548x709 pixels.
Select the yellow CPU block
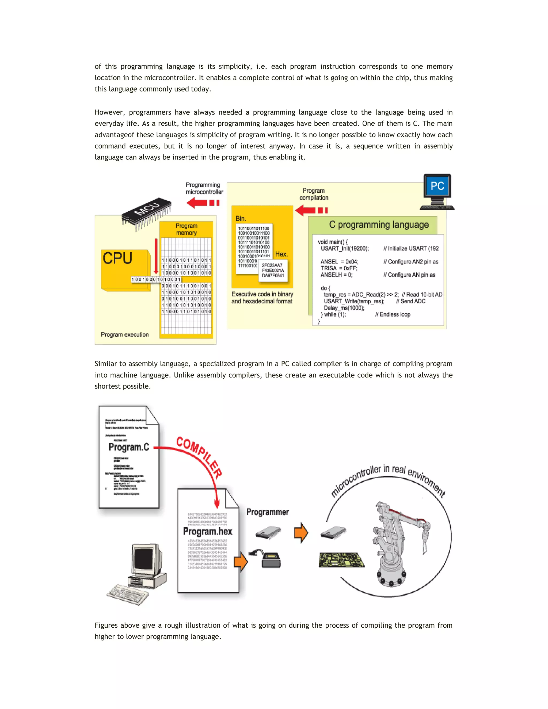coord(125,269)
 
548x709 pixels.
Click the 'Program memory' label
coord(186,229)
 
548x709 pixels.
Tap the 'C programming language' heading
coord(379,225)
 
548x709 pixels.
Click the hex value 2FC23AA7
coord(272,265)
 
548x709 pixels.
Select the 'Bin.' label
coord(241,219)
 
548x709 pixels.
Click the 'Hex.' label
coord(281,254)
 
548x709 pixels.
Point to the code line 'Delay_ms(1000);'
coord(344,308)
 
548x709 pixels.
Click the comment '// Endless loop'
coord(393,314)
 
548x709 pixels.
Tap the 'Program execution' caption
coord(125,334)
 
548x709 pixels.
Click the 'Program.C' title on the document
coord(129,447)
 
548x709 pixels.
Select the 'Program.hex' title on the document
coord(208,531)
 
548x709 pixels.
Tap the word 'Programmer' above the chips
coord(268,512)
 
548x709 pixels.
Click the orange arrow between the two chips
coord(301,533)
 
